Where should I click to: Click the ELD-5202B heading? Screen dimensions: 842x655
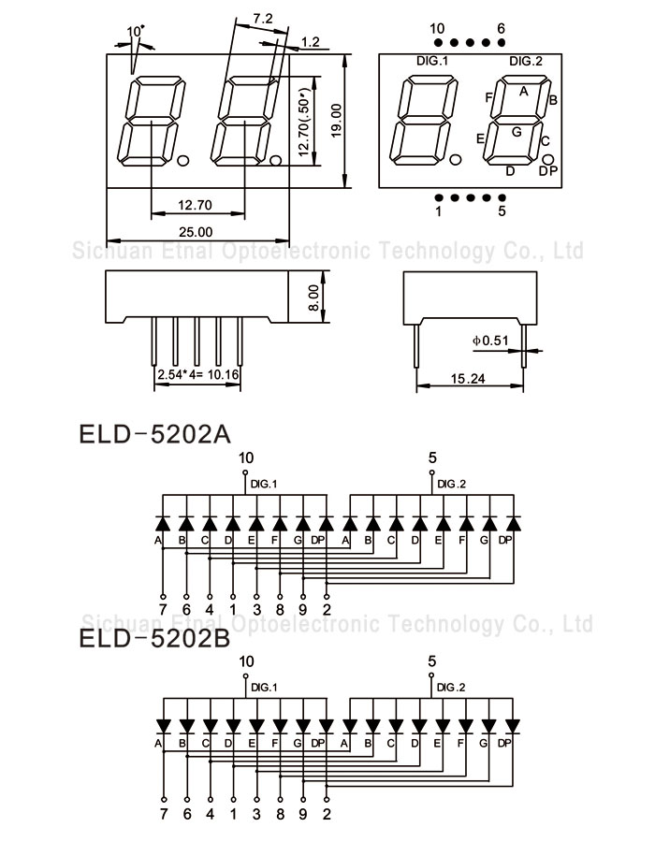tap(154, 639)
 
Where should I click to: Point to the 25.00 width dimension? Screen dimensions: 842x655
tap(196, 231)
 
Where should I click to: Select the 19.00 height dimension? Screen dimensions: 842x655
tap(336, 121)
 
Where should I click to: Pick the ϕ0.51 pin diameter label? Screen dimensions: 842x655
tap(490, 341)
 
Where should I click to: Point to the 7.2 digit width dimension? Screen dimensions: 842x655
tap(263, 18)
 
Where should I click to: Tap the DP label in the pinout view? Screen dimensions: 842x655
tap(547, 169)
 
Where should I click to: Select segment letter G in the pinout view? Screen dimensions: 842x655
tap(516, 132)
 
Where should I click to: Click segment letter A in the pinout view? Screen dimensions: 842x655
tap(524, 91)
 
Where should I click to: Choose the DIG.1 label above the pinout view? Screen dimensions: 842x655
tap(432, 61)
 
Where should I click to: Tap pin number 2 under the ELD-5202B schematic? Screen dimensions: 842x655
tap(327, 813)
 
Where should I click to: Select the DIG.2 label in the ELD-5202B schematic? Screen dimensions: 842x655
tap(452, 688)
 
